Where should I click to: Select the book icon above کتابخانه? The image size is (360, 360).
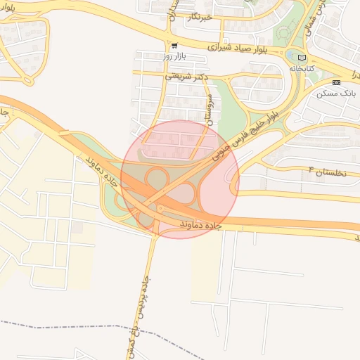[x=302, y=58]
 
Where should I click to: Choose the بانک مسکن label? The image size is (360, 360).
[x=337, y=92]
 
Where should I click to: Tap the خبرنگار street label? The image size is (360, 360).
[x=198, y=15]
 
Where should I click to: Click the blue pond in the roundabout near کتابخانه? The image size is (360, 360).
[x=292, y=53]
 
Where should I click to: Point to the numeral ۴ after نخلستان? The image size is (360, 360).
[x=309, y=170]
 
